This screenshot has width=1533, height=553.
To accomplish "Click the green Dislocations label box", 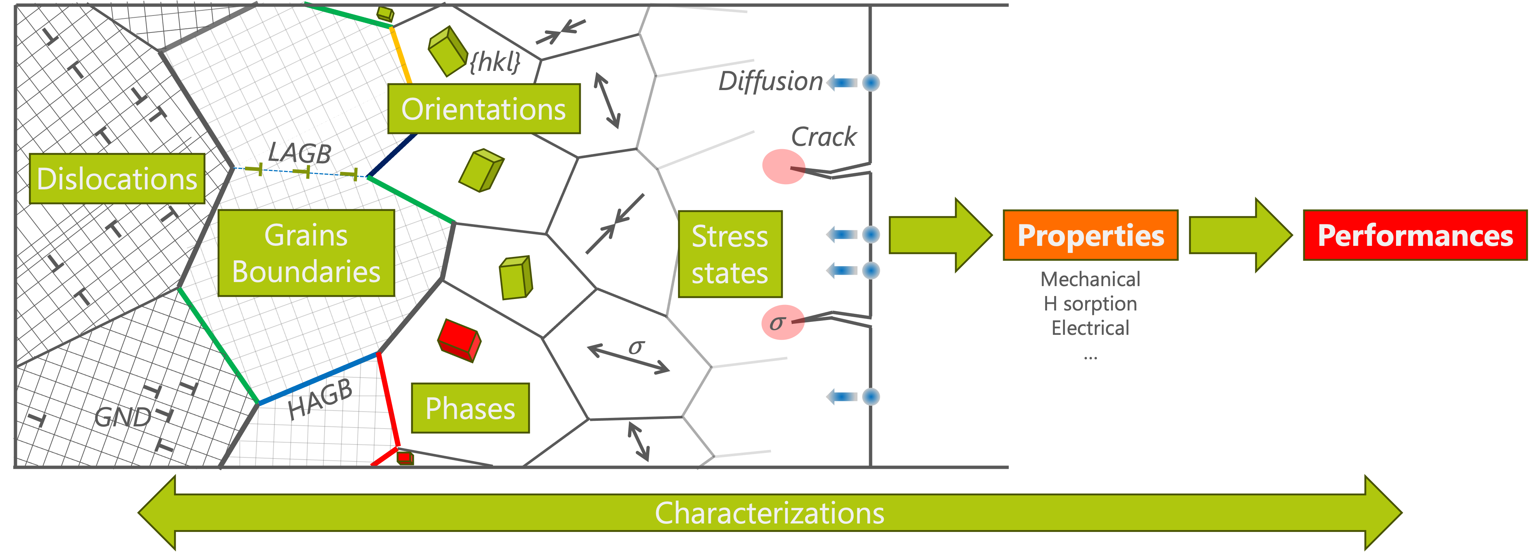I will pos(117,179).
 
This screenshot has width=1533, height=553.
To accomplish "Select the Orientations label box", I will pos(484,109).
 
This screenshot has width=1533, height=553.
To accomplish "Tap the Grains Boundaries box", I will pos(306,253).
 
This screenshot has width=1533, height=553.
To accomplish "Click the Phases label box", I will pos(470,408).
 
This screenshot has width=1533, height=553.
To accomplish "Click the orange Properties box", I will pos(1090,235).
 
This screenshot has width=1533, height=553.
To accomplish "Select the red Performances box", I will pos(1414,235).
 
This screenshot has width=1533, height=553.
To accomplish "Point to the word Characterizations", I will pos(769,513).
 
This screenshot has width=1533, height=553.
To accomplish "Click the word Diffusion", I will pos(770,82).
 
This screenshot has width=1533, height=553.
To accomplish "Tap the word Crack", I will pos(824,137).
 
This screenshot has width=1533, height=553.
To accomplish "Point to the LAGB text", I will pos(299,153).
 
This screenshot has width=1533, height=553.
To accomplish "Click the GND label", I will pos(123,417).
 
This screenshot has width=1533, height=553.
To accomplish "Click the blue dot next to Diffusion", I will pos(871,82).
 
